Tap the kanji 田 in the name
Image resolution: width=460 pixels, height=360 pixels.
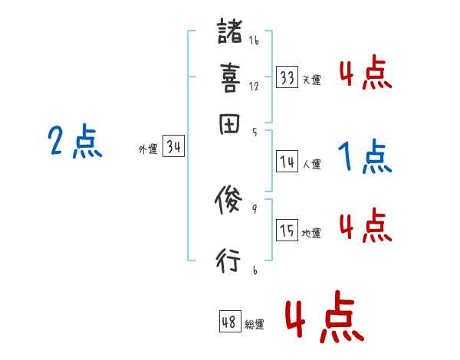228,125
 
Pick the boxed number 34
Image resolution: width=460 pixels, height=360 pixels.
173,147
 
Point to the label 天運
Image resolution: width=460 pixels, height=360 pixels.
311,80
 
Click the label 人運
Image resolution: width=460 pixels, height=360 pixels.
311,164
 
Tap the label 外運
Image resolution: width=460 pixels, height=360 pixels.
148,150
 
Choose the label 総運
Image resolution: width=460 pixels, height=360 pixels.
254,325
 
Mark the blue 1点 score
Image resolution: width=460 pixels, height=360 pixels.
365,158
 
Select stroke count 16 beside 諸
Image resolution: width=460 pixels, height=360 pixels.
254,41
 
